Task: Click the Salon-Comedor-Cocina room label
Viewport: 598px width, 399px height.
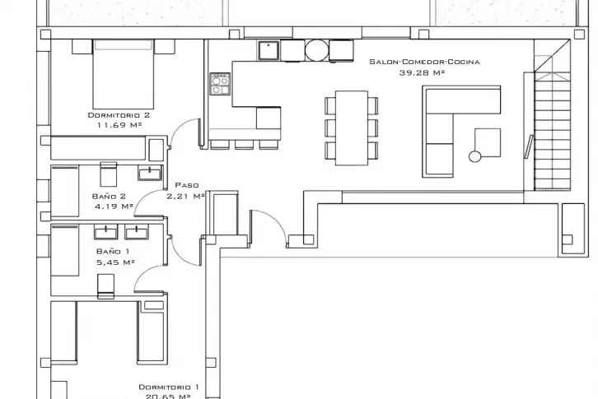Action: pyautogui.click(x=424, y=62)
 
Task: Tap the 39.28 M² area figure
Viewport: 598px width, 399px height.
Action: pyautogui.click(x=422, y=72)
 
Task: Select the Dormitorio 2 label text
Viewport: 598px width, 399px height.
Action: pyautogui.click(x=119, y=115)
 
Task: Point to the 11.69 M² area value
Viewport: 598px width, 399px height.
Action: pyautogui.click(x=119, y=124)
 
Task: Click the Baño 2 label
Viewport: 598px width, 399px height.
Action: pyautogui.click(x=109, y=197)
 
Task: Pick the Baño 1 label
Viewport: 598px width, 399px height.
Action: pyautogui.click(x=113, y=252)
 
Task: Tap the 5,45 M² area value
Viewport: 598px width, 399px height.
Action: pyautogui.click(x=115, y=262)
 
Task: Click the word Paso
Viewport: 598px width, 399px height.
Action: pyautogui.click(x=187, y=185)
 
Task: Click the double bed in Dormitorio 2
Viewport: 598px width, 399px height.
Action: pyautogui.click(x=124, y=74)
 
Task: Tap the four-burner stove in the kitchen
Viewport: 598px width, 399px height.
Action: pyautogui.click(x=220, y=84)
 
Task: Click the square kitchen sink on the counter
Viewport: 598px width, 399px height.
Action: pyautogui.click(x=269, y=50)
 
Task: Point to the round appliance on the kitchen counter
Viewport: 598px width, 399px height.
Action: pyautogui.click(x=316, y=50)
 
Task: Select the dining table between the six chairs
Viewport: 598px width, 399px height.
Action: pyautogui.click(x=352, y=128)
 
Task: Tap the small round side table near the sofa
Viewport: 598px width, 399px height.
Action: pyautogui.click(x=474, y=156)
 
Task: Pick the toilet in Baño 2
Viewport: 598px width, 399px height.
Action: pyautogui.click(x=108, y=174)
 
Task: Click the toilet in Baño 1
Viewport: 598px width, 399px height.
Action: pyautogui.click(x=105, y=286)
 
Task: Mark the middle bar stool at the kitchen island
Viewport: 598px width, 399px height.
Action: pyautogui.click(x=245, y=145)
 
